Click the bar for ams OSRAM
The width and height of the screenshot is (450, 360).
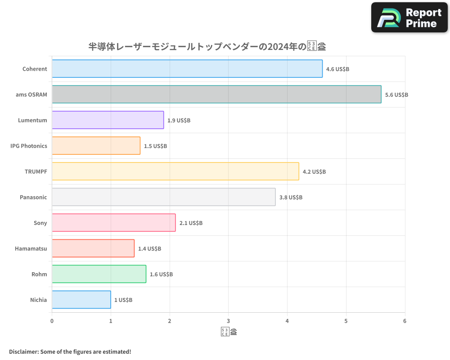[216, 94]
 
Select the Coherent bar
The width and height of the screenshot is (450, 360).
[187, 69]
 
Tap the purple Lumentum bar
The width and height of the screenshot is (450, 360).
[108, 120]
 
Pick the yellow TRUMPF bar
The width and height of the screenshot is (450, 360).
[175, 171]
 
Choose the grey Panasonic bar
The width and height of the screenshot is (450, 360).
[164, 197]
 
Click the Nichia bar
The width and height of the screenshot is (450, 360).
[81, 300]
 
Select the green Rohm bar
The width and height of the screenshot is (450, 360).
[99, 274]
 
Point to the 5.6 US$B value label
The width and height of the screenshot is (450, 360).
[396, 95]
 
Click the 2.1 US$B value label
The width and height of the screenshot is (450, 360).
[191, 223]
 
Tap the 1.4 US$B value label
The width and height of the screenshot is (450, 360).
[149, 249]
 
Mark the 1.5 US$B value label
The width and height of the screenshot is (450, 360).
[155, 146]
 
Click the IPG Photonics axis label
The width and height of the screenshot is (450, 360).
[28, 146]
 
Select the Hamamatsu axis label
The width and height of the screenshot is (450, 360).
[31, 248]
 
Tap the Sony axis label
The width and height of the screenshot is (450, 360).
[40, 223]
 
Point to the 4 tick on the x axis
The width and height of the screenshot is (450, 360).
[287, 321]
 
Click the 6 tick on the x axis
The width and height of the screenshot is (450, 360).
[405, 321]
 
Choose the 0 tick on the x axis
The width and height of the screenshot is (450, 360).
[52, 321]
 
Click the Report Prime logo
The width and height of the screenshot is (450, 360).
[409, 18]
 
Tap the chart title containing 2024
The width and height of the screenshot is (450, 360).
[207, 46]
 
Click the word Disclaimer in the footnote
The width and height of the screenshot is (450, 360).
[23, 351]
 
